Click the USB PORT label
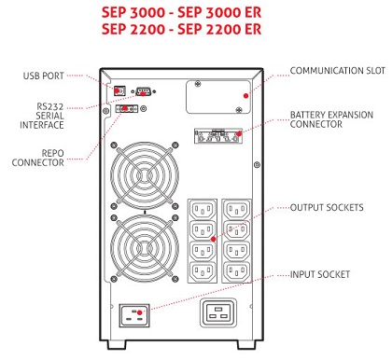44,76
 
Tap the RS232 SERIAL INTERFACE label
42,116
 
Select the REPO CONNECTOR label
38,158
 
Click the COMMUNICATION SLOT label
338,71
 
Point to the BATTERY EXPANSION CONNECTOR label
331,119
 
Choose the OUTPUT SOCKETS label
327,207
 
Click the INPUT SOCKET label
320,274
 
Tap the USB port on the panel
119,90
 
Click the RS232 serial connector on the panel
143,91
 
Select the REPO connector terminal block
127,108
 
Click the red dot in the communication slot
245,96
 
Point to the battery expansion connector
218,136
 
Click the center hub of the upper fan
145,175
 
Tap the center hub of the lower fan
145,248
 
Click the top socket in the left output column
203,209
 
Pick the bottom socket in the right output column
237,272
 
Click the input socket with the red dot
134,315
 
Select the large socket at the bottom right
218,313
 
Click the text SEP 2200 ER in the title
219,29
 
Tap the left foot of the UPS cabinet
117,345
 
